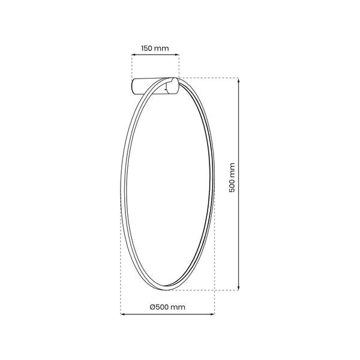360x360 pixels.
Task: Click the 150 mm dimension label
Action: tap(155, 48)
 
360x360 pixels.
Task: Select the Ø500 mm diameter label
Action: tap(167, 307)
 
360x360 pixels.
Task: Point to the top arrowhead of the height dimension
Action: tap(239, 80)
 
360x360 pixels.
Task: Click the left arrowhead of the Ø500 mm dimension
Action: tap(122, 313)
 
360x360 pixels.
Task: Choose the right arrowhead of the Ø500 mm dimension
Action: tap(213, 313)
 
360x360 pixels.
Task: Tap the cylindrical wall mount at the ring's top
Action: tap(153, 87)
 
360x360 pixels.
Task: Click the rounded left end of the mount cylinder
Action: tap(134, 87)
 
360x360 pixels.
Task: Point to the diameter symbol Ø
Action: tap(152, 307)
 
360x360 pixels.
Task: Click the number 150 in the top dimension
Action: tap(148, 48)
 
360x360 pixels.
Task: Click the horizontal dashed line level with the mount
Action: tap(210, 77)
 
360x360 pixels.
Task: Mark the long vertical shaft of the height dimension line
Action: tap(239, 228)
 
